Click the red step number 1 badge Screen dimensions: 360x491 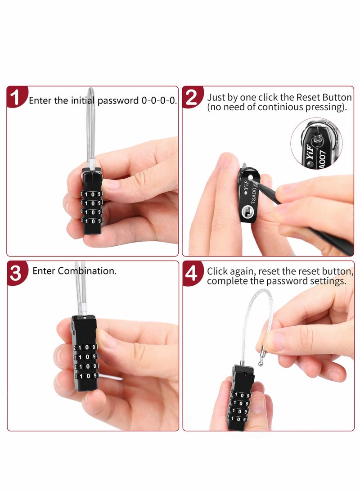16,97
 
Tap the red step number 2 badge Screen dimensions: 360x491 192,97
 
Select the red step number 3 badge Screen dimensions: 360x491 17,272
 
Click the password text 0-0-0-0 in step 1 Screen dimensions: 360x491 159,100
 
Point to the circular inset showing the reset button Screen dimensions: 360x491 316,144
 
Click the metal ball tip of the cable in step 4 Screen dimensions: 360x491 261,363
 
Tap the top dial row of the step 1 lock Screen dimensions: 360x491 91,194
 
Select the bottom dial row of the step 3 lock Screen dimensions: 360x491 86,376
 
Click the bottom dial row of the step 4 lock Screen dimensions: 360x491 238,419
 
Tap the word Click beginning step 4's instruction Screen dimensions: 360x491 217,271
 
